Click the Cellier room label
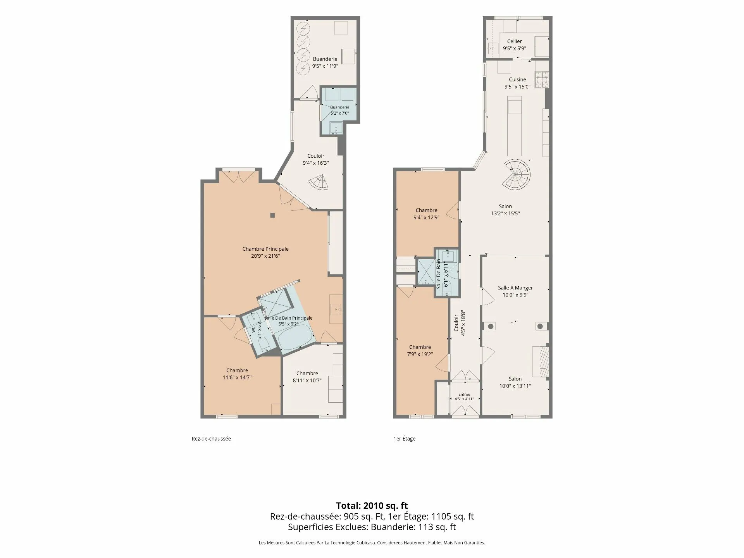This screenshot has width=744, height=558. (514, 41)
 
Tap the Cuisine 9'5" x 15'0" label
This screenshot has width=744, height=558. (517, 83)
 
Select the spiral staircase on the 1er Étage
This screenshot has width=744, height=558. (517, 172)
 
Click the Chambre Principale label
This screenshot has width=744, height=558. (265, 249)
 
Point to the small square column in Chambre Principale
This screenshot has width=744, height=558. (273, 215)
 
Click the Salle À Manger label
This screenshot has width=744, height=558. (515, 288)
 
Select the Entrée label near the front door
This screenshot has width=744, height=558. (464, 394)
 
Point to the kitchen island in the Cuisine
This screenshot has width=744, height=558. (515, 126)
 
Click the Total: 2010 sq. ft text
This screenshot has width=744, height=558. (372, 505)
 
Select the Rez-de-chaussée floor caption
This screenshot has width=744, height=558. (211, 439)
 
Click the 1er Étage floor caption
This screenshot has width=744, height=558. (404, 439)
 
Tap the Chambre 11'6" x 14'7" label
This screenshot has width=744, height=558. (237, 374)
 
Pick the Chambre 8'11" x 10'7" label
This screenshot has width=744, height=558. (307, 377)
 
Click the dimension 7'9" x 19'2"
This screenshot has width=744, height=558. (420, 354)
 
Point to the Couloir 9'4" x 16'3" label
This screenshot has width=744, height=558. (316, 160)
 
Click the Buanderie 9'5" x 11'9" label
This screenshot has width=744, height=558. (325, 62)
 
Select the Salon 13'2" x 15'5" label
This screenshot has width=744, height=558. (505, 210)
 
